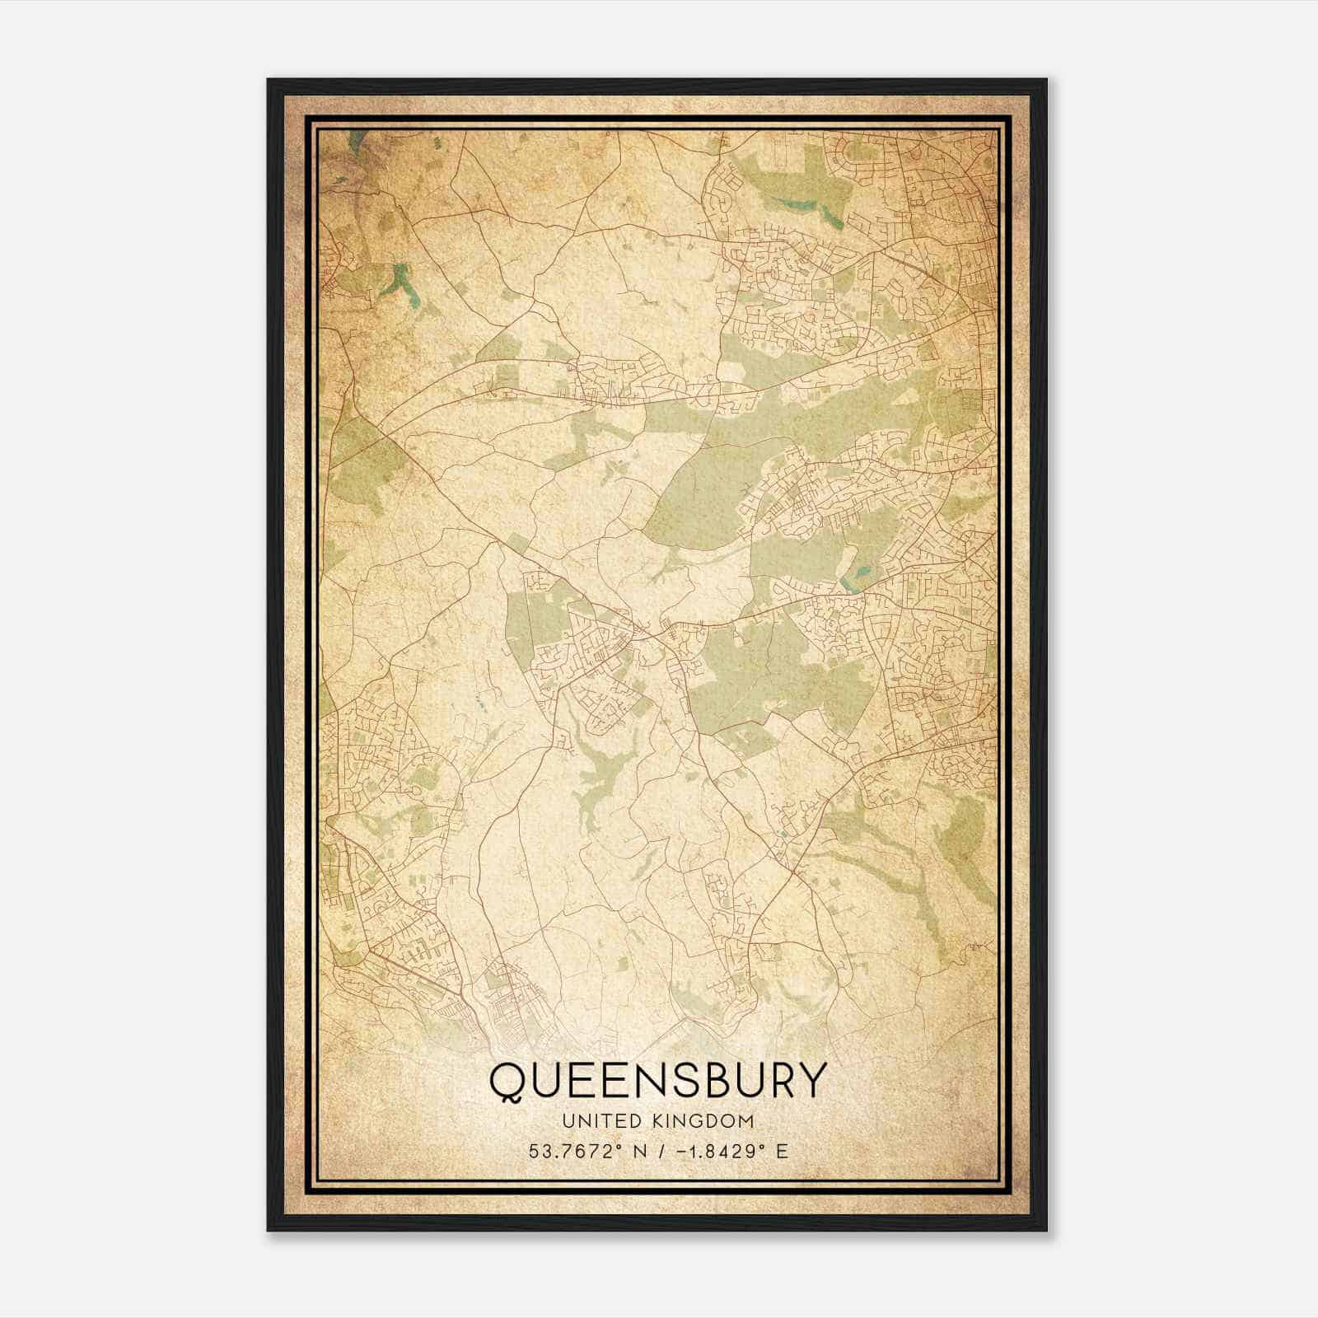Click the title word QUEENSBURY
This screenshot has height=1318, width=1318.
pos(657,1080)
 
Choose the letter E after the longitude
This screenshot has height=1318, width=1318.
pos(782,1151)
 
